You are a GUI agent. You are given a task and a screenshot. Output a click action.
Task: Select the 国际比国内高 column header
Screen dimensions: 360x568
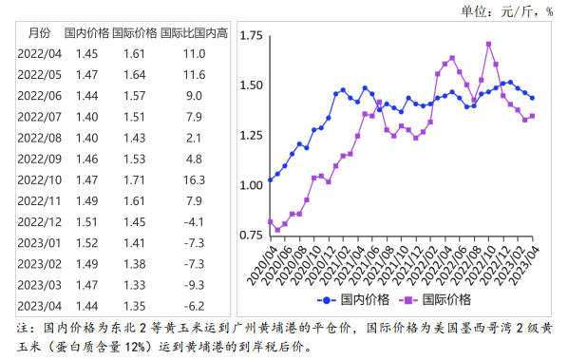[x=195, y=33]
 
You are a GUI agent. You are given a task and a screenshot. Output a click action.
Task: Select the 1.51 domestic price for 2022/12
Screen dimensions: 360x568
[x=86, y=221]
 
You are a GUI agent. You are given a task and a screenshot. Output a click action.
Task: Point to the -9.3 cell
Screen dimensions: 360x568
[x=195, y=284]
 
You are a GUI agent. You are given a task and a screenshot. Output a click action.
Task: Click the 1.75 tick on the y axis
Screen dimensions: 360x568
[x=252, y=36]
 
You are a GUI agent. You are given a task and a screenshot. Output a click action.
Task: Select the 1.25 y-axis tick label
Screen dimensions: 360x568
[x=252, y=135]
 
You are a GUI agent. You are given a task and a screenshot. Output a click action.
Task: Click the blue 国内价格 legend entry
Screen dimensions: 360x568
[x=354, y=300]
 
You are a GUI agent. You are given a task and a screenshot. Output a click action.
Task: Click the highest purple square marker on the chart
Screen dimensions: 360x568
[x=488, y=44]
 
